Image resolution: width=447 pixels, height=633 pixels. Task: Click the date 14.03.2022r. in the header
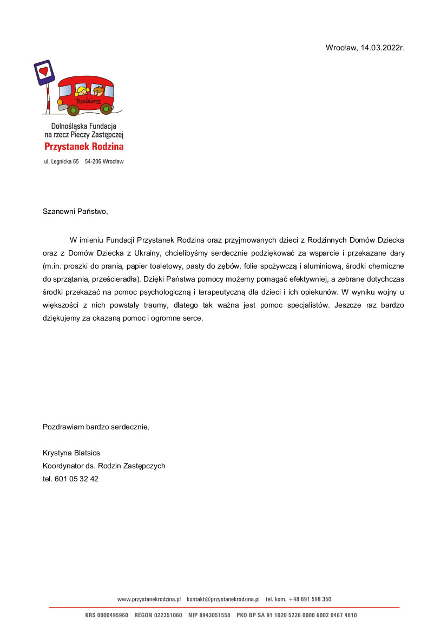(383, 48)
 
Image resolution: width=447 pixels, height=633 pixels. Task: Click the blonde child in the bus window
(82, 90)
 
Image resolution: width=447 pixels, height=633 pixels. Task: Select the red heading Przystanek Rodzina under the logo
(84, 146)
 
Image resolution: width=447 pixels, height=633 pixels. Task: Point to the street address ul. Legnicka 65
(61, 161)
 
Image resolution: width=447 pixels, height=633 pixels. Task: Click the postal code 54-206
(93, 161)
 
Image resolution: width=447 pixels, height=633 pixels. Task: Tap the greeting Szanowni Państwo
(75, 211)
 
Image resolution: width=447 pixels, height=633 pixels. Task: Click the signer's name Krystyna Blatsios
(71, 453)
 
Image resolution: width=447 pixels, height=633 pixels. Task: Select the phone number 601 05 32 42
(76, 479)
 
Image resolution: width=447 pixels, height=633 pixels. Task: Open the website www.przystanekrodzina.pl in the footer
(149, 599)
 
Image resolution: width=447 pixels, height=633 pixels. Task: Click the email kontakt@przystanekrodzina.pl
(223, 599)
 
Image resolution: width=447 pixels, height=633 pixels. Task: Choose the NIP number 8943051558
(216, 616)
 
